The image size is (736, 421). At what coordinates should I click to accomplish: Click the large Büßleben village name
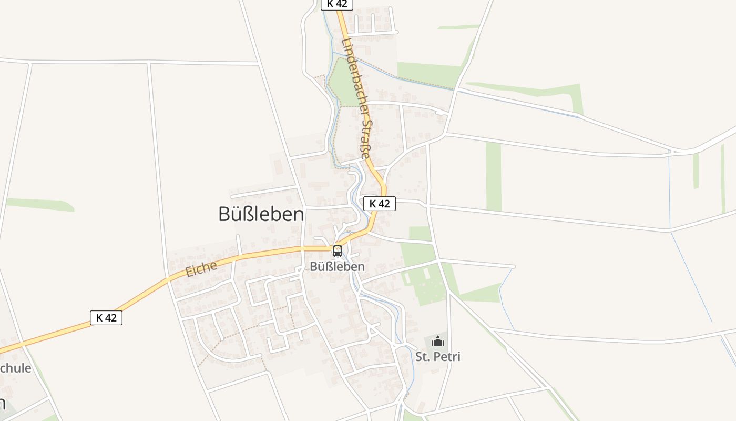click(261, 214)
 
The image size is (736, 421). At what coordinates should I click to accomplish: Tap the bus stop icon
click(338, 251)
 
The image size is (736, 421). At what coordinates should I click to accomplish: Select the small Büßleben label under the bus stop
click(337, 267)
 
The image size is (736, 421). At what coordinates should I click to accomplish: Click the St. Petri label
click(438, 357)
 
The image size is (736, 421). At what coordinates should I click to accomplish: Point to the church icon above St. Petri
click(437, 342)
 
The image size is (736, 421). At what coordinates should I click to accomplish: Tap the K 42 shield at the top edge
click(336, 4)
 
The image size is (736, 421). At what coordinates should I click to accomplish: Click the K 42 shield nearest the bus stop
click(380, 204)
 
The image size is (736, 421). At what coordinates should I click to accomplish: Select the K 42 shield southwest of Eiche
click(106, 318)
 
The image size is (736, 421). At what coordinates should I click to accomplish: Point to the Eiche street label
click(201, 269)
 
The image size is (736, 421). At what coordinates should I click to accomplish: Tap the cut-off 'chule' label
click(16, 368)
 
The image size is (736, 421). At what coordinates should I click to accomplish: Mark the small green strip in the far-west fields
click(39, 204)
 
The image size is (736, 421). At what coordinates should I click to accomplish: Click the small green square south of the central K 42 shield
click(420, 233)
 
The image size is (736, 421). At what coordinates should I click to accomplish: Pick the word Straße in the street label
click(365, 138)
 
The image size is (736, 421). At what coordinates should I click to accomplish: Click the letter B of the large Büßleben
click(224, 214)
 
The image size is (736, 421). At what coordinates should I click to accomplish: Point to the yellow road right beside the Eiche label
click(210, 262)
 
